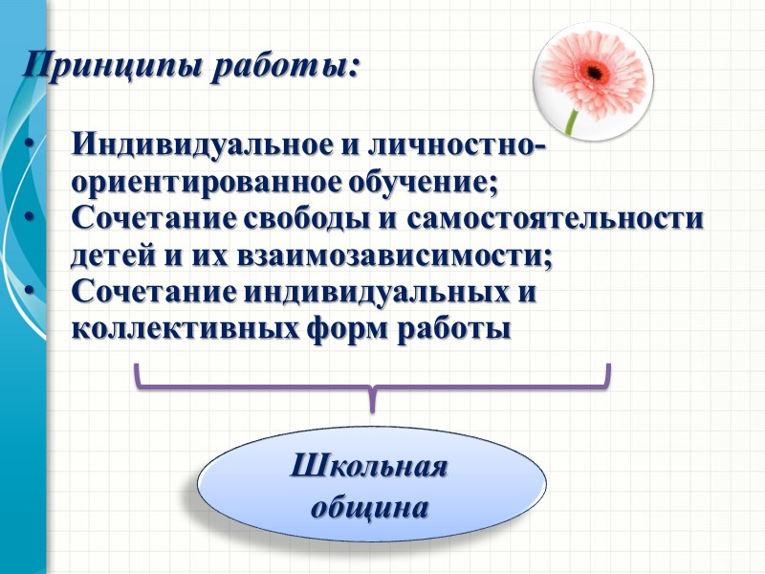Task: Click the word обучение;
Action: (420, 182)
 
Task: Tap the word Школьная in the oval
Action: (369, 471)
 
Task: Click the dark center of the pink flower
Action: (594, 71)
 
